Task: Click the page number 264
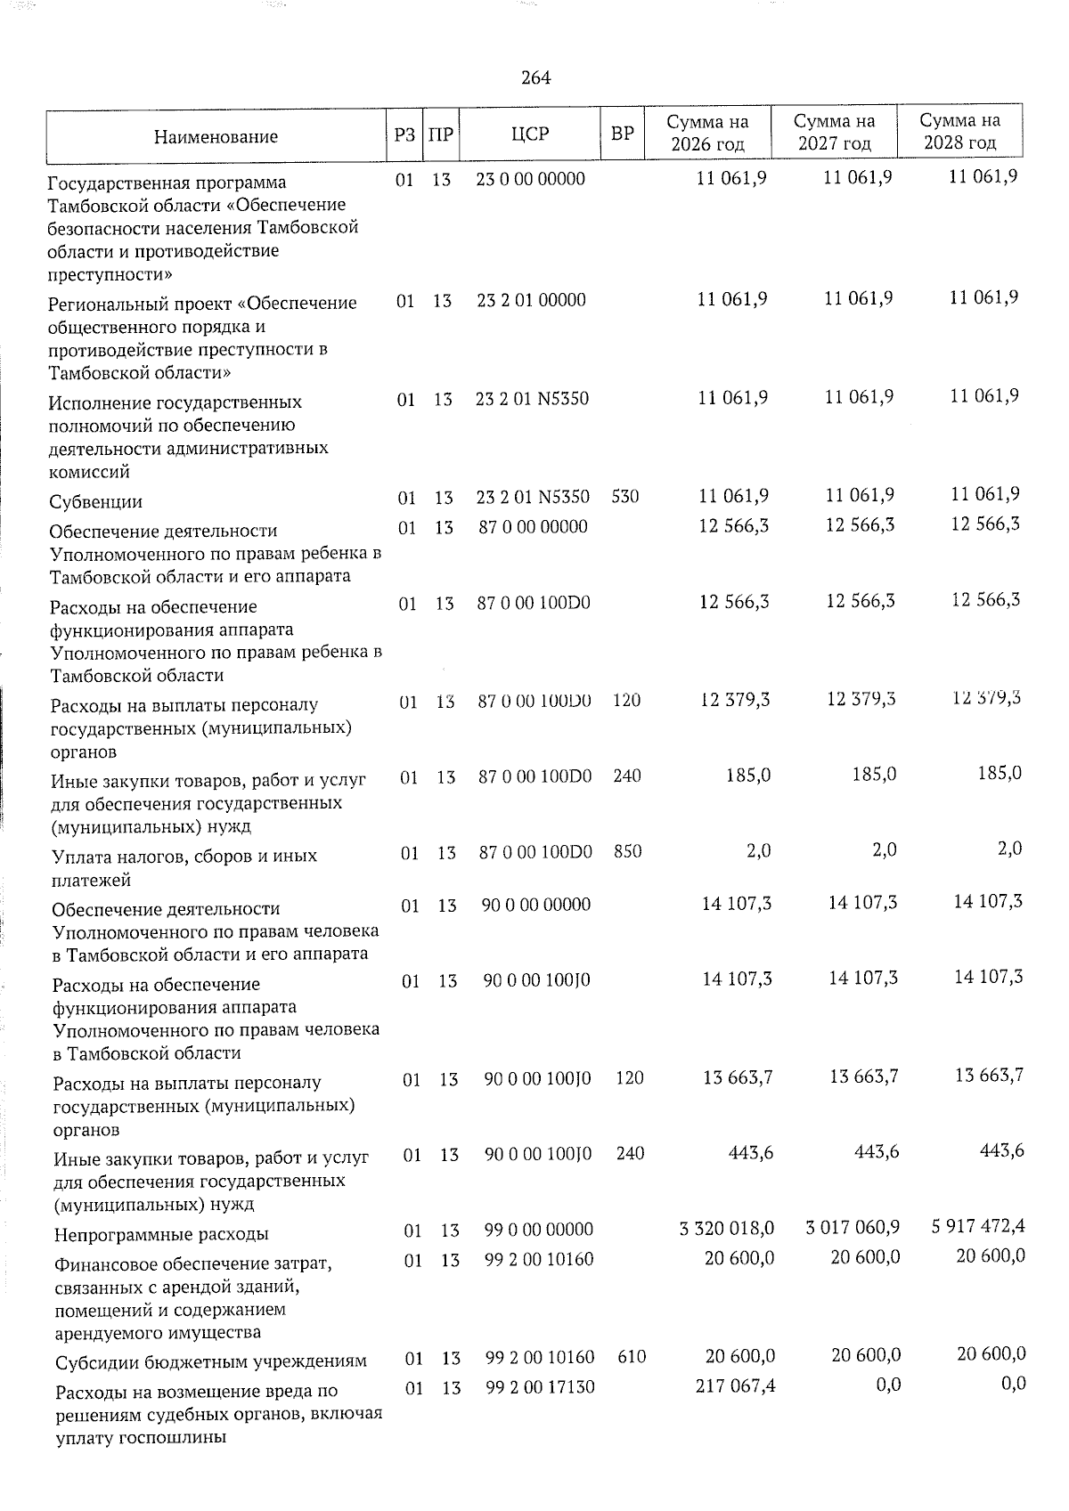point(536,78)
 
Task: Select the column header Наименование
point(216,136)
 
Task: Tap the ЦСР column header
point(531,134)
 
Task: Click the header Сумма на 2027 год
point(835,132)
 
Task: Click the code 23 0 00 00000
point(531,179)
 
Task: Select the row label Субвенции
point(96,502)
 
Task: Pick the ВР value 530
point(625,497)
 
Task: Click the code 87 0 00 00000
point(534,527)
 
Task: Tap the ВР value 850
point(627,851)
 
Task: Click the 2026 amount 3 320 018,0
point(727,1229)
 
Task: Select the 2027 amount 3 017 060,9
point(853,1228)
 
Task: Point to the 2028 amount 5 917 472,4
point(978,1227)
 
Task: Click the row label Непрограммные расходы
point(161,1235)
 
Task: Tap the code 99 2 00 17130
point(540,1386)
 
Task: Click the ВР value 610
point(631,1357)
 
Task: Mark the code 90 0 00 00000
point(536,905)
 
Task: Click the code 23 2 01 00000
point(531,300)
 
